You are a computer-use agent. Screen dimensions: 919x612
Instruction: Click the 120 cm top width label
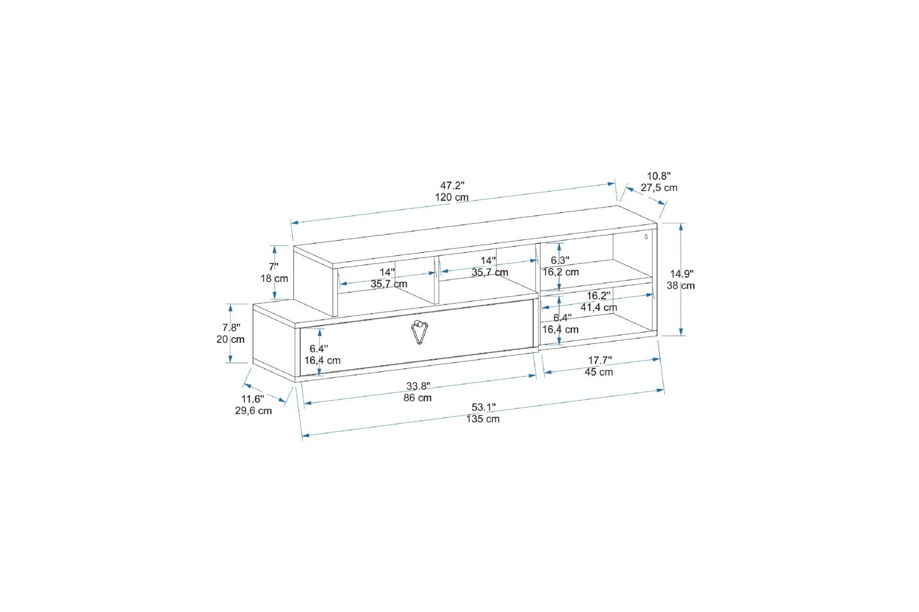(x=452, y=197)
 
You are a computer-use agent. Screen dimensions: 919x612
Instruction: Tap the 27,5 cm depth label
(x=659, y=187)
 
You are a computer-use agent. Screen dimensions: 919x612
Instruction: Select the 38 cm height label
(x=681, y=285)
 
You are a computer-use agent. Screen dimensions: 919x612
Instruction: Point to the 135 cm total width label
(x=483, y=419)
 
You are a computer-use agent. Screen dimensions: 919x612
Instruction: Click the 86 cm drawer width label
(x=417, y=398)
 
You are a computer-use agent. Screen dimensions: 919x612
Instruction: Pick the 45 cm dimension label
(x=599, y=372)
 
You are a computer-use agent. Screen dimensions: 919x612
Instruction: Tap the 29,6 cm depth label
(x=253, y=411)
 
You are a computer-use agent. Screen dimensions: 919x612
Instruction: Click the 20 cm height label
(x=230, y=339)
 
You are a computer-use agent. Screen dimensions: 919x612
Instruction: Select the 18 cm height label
(x=274, y=278)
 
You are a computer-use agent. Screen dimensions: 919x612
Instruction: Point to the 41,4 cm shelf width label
(x=599, y=307)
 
